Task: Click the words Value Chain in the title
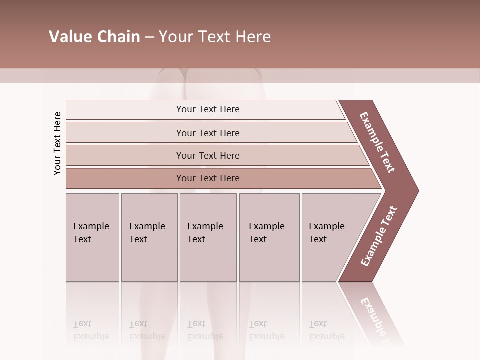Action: (94, 37)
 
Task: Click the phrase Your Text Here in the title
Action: (215, 37)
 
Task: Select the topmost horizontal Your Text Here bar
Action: (207, 109)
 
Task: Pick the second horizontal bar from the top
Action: (207, 133)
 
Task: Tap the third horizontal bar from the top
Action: (207, 155)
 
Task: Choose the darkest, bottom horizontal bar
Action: (207, 178)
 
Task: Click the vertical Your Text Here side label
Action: (57, 143)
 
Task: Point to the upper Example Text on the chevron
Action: (377, 142)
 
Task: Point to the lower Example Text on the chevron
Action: (379, 236)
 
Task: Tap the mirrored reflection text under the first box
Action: (91, 330)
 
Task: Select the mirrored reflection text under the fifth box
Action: (326, 330)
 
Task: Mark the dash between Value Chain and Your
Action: (149, 37)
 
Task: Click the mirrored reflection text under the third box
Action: (205, 330)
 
